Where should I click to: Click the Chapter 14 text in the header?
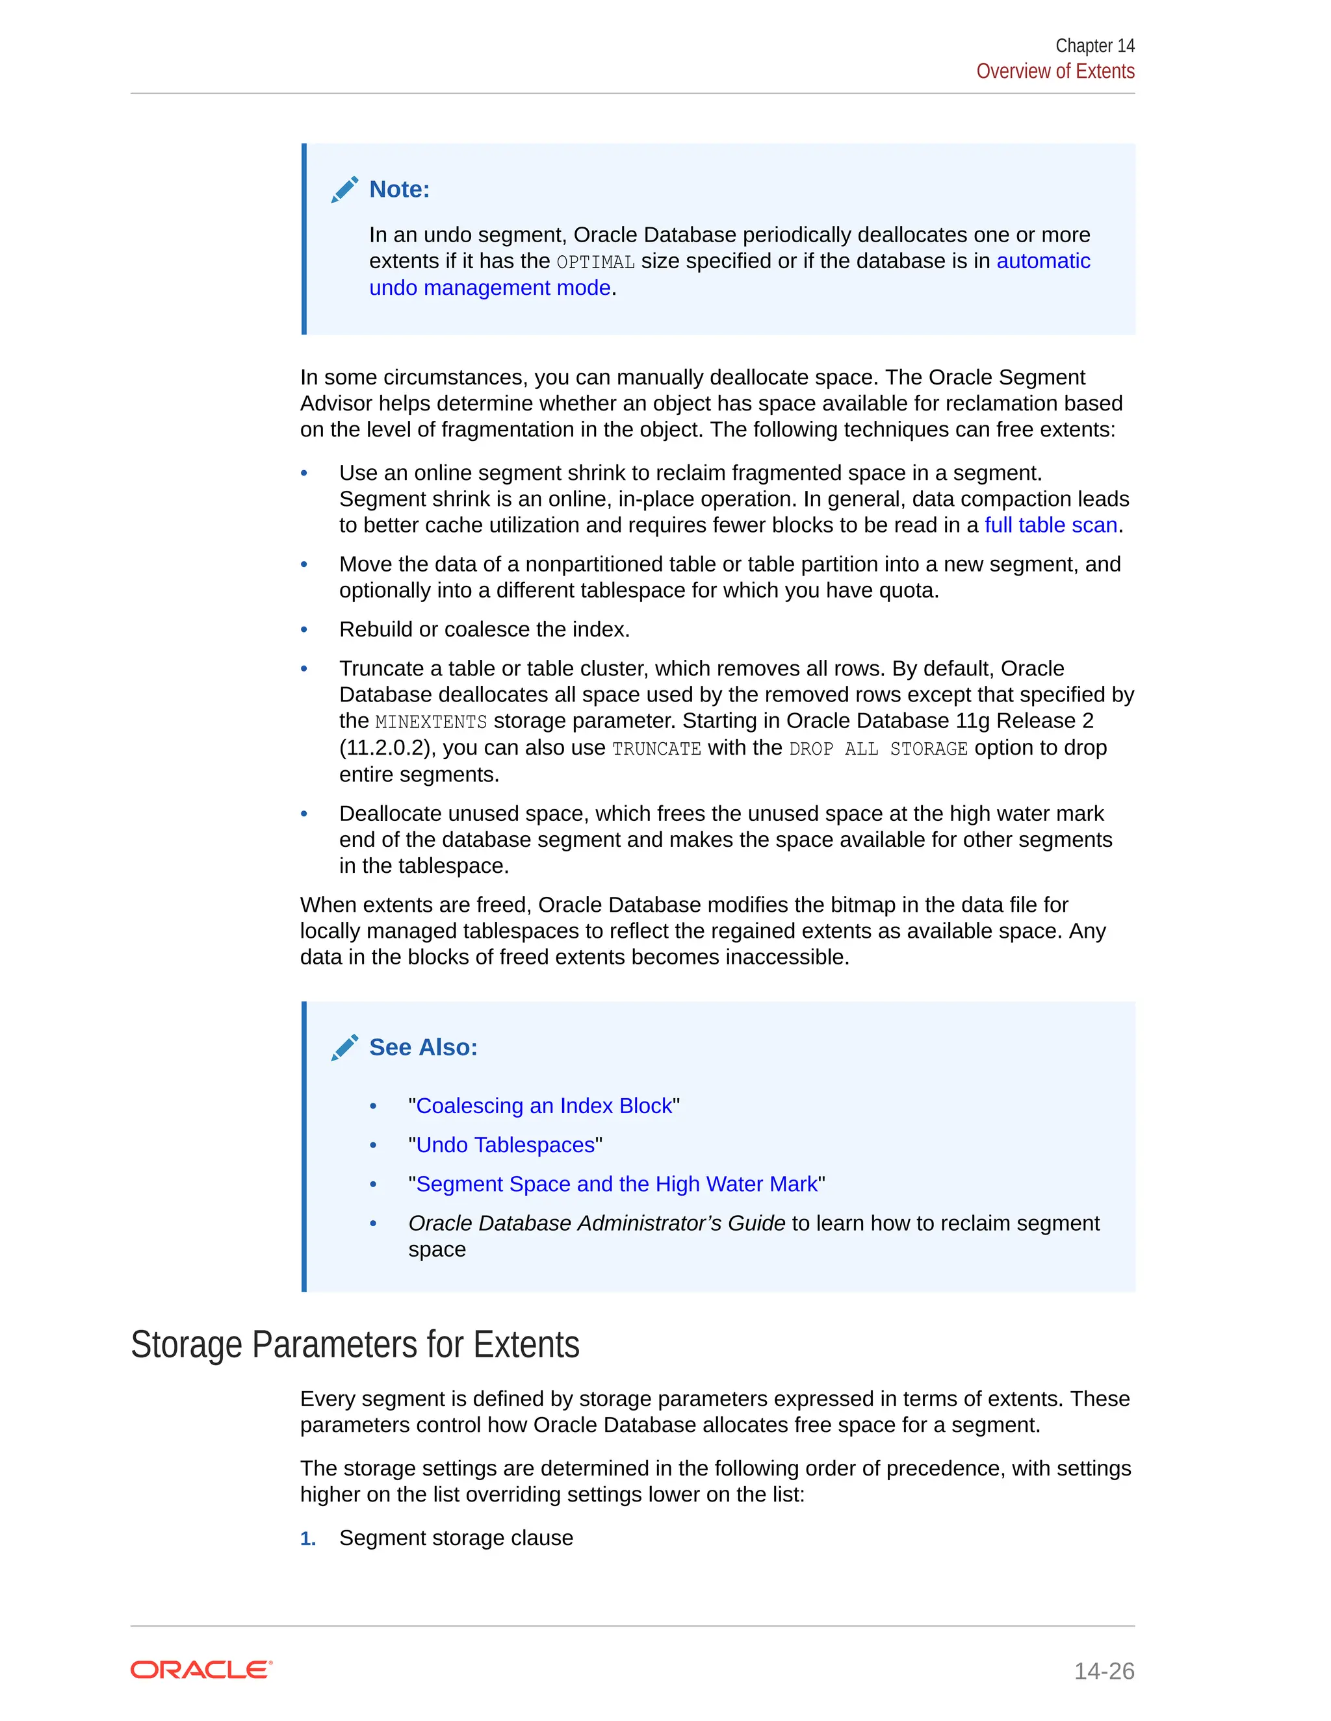[x=1094, y=45]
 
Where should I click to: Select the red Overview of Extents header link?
[x=1055, y=71]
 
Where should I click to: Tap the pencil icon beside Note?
[x=344, y=190]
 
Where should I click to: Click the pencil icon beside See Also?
[x=344, y=1048]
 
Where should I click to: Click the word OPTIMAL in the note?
[x=595, y=262]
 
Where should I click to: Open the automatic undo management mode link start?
[x=1042, y=261]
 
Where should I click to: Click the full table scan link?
[x=1050, y=525]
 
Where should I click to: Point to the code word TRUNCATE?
[x=656, y=749]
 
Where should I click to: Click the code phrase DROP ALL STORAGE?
[x=877, y=749]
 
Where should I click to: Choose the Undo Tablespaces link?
[x=504, y=1145]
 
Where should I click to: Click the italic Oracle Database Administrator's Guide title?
[x=596, y=1223]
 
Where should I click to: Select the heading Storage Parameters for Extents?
[x=355, y=1344]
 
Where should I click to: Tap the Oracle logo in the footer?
[x=201, y=1670]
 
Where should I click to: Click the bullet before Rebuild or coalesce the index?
[x=304, y=629]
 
